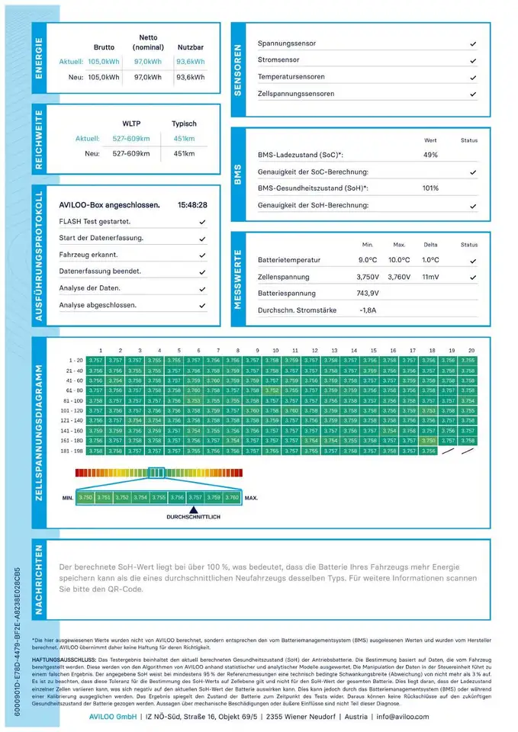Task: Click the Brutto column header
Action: [x=104, y=47]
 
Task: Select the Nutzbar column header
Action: [x=190, y=47]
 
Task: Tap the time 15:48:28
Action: [x=192, y=205]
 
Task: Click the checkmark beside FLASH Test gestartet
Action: [x=202, y=221]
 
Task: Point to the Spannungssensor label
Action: [x=287, y=43]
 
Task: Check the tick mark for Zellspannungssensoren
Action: [x=473, y=94]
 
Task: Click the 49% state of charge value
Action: [x=430, y=155]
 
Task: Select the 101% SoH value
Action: [x=431, y=188]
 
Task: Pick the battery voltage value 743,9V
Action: [x=367, y=294]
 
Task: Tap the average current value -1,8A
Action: [x=367, y=310]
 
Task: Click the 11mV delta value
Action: [x=431, y=277]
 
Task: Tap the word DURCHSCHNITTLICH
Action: [x=193, y=517]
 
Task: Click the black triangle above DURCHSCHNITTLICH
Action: [x=194, y=509]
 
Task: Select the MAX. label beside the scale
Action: [x=251, y=498]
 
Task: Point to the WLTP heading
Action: [x=132, y=124]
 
